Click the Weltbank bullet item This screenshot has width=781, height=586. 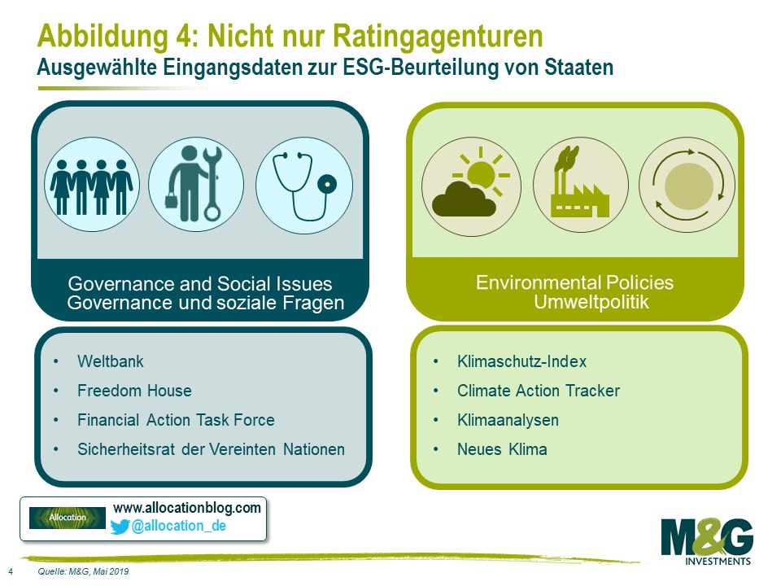pos(110,361)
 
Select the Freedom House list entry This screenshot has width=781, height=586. pos(134,391)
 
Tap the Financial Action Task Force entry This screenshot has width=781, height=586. pos(176,420)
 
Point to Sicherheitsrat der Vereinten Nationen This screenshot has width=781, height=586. pos(211,449)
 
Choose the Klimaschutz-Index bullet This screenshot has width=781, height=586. pos(522,361)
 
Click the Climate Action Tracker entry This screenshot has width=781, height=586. pos(539,391)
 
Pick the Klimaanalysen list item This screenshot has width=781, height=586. pos(508,420)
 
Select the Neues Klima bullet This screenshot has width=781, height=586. pos(502,449)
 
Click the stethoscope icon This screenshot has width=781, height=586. pos(304,186)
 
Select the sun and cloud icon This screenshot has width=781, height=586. pos(471,186)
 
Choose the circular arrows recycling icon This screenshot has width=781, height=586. pos(687,186)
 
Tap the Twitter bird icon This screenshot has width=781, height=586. pos(120,527)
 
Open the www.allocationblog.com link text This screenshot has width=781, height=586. pos(187,508)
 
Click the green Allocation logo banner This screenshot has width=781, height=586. pos(68,518)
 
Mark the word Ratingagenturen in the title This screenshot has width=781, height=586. pos(438,36)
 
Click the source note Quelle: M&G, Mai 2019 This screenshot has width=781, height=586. pos(83,571)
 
